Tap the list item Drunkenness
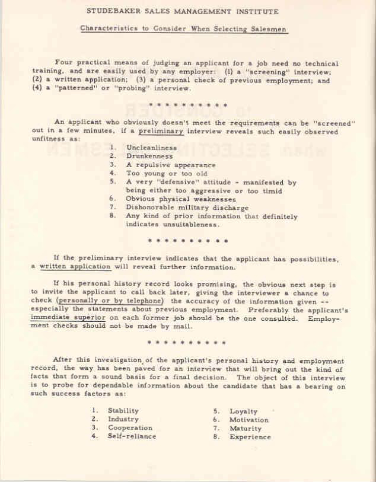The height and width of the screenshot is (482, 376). click(148, 156)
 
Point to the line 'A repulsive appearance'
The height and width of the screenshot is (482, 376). click(170, 165)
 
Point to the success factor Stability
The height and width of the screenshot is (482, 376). click(123, 410)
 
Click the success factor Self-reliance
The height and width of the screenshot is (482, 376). click(132, 436)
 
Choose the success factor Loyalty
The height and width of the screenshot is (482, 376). click(244, 411)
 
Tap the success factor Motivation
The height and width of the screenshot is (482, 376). click(249, 420)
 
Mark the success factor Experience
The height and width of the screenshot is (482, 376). click(250, 438)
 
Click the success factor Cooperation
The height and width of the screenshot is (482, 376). click(130, 427)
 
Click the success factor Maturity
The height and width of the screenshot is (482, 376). click(246, 429)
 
